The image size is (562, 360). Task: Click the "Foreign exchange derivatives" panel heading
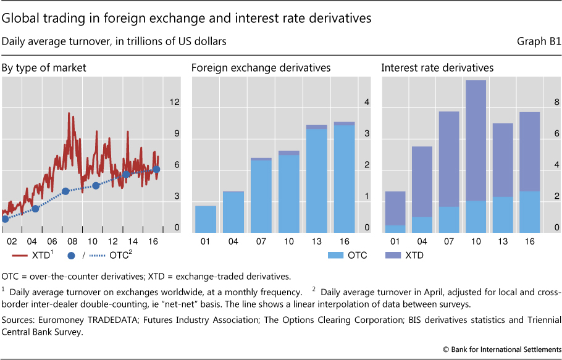tap(261, 67)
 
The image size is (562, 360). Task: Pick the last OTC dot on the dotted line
tap(156, 169)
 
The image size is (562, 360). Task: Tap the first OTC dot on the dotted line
tap(5, 219)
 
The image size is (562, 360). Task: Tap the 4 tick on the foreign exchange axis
tap(366, 103)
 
